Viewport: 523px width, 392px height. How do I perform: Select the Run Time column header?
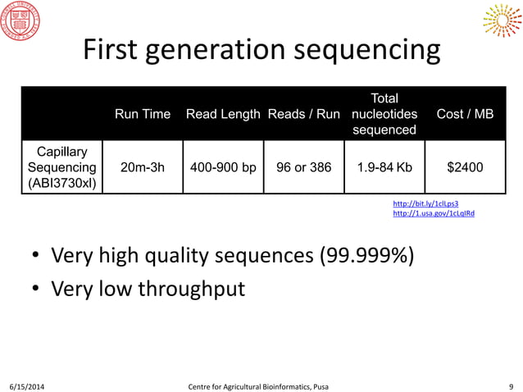[143, 114]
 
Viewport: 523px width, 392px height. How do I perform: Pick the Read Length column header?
[223, 114]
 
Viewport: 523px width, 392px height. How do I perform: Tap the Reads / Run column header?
[303, 114]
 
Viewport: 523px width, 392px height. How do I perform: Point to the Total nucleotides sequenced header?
[384, 114]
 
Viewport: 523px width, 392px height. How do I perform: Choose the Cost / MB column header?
[465, 114]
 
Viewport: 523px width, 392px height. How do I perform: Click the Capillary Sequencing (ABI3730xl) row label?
[63, 167]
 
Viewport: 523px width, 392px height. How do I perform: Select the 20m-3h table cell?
[143, 167]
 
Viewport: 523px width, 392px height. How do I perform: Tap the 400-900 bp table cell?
[223, 167]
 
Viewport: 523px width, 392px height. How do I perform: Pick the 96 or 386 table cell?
[303, 167]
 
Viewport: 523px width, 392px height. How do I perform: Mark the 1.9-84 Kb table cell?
[384, 167]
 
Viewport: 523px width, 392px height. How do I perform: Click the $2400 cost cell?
[465, 167]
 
